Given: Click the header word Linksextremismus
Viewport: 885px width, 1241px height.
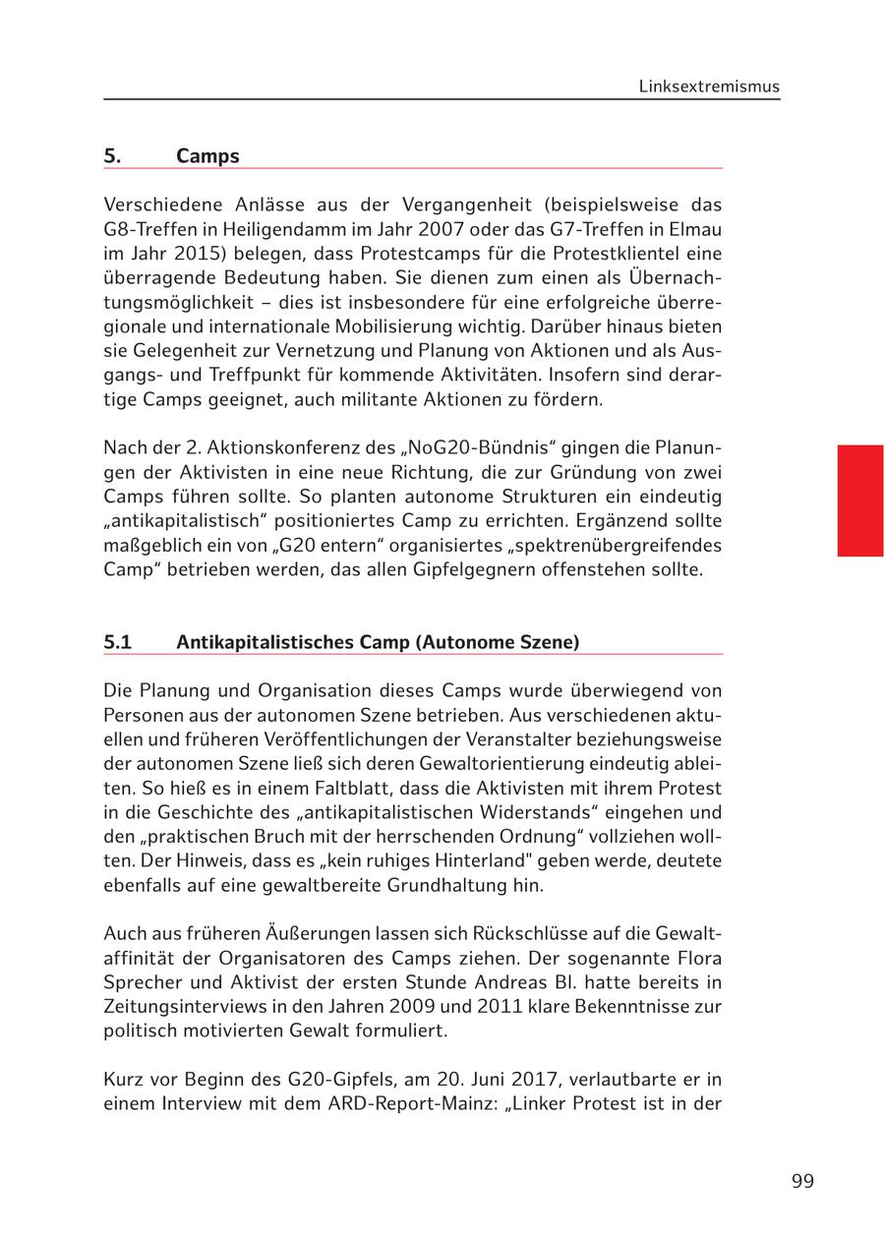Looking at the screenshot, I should pyautogui.click(x=709, y=87).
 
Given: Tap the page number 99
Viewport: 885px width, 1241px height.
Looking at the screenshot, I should pyautogui.click(x=802, y=1181).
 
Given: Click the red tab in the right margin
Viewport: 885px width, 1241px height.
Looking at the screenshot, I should pyautogui.click(x=860, y=501).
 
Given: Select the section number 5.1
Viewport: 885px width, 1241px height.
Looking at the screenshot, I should pyautogui.click(x=117, y=642).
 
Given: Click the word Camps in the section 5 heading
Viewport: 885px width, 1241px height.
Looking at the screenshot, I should pyautogui.click(x=207, y=156).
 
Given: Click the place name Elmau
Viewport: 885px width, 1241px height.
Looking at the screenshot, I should pyautogui.click(x=695, y=229).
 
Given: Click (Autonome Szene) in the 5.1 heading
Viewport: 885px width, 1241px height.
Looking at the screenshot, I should pyautogui.click(x=498, y=642).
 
